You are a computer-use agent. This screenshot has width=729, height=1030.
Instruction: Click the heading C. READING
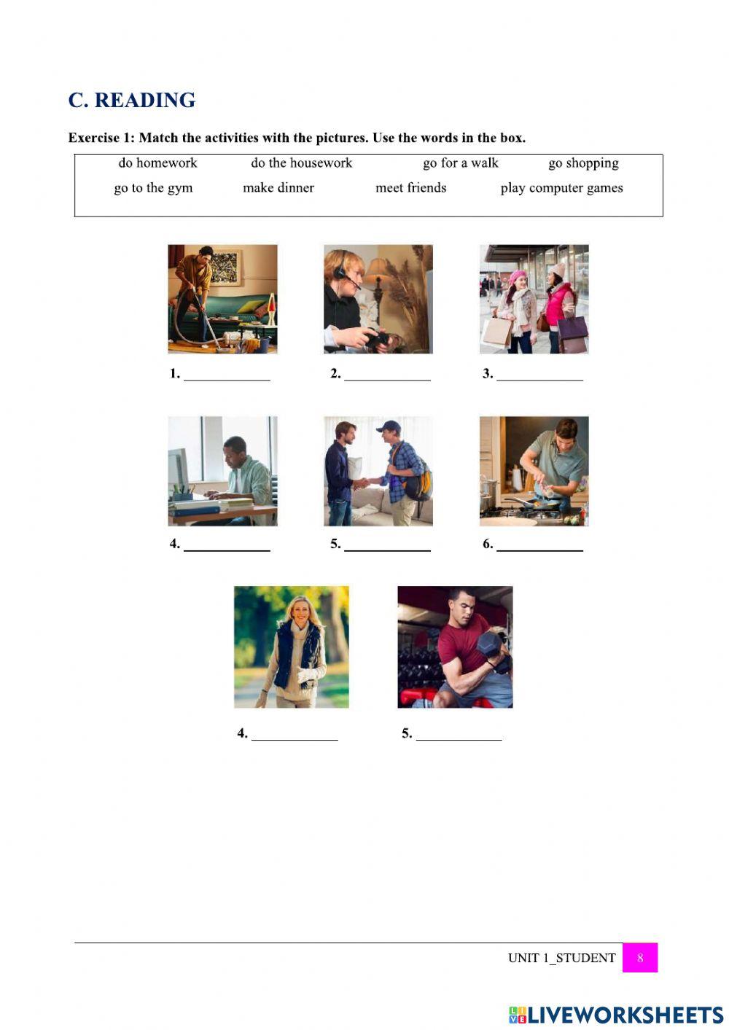[x=132, y=101]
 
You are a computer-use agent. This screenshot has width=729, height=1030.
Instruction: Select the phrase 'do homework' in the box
[x=157, y=163]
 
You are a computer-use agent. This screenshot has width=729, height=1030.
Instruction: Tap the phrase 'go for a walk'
[x=461, y=163]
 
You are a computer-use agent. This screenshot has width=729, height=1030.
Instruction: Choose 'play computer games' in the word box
[x=561, y=188]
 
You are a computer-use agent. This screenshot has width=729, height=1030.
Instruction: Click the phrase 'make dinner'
[x=278, y=187]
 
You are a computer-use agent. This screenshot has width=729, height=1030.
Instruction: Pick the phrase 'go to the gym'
[x=153, y=188]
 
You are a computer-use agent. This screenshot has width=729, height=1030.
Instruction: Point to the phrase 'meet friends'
[x=410, y=187]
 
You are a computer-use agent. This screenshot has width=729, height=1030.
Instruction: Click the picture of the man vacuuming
[x=222, y=299]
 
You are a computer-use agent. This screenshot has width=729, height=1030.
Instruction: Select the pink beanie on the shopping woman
[x=518, y=276]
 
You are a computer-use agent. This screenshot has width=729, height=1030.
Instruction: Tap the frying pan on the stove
[x=534, y=502]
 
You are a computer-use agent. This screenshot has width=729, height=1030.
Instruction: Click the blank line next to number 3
[x=539, y=381]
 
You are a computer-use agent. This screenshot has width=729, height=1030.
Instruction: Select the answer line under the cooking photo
[x=539, y=550]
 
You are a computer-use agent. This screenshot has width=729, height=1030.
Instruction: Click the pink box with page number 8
[x=640, y=958]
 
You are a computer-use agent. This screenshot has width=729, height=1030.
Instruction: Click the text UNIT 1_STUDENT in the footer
[x=561, y=958]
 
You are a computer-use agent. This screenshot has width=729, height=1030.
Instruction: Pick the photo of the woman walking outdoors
[x=292, y=647]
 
